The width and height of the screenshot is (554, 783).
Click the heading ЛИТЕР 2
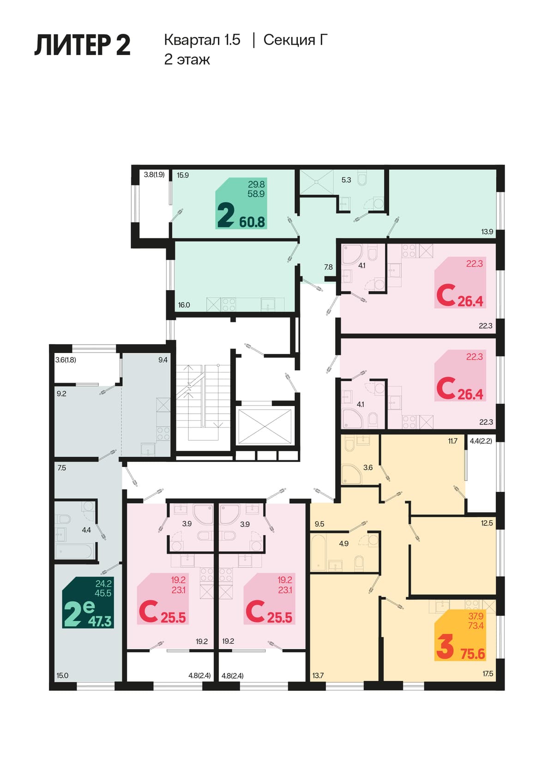pyautogui.click(x=83, y=45)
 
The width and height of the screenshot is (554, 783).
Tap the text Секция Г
pyautogui.click(x=295, y=40)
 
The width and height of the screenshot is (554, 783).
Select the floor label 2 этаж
pyautogui.click(x=187, y=60)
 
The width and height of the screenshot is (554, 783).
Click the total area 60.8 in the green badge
pyautogui.click(x=252, y=221)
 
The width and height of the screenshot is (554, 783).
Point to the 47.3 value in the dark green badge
pyautogui.click(x=100, y=621)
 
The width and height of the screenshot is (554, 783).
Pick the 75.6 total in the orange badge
pyautogui.click(x=472, y=653)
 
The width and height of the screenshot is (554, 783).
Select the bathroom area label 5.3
pyautogui.click(x=346, y=180)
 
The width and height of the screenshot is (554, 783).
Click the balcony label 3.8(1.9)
pyautogui.click(x=154, y=174)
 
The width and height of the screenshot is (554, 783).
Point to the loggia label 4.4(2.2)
pyautogui.click(x=481, y=441)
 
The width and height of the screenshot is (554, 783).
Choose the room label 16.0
pyautogui.click(x=184, y=305)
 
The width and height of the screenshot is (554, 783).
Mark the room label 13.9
pyautogui.click(x=487, y=232)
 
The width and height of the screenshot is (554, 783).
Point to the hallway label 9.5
pyautogui.click(x=319, y=524)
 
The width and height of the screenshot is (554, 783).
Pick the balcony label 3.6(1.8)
pyautogui.click(x=66, y=360)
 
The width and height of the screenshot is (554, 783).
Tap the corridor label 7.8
pyautogui.click(x=328, y=267)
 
